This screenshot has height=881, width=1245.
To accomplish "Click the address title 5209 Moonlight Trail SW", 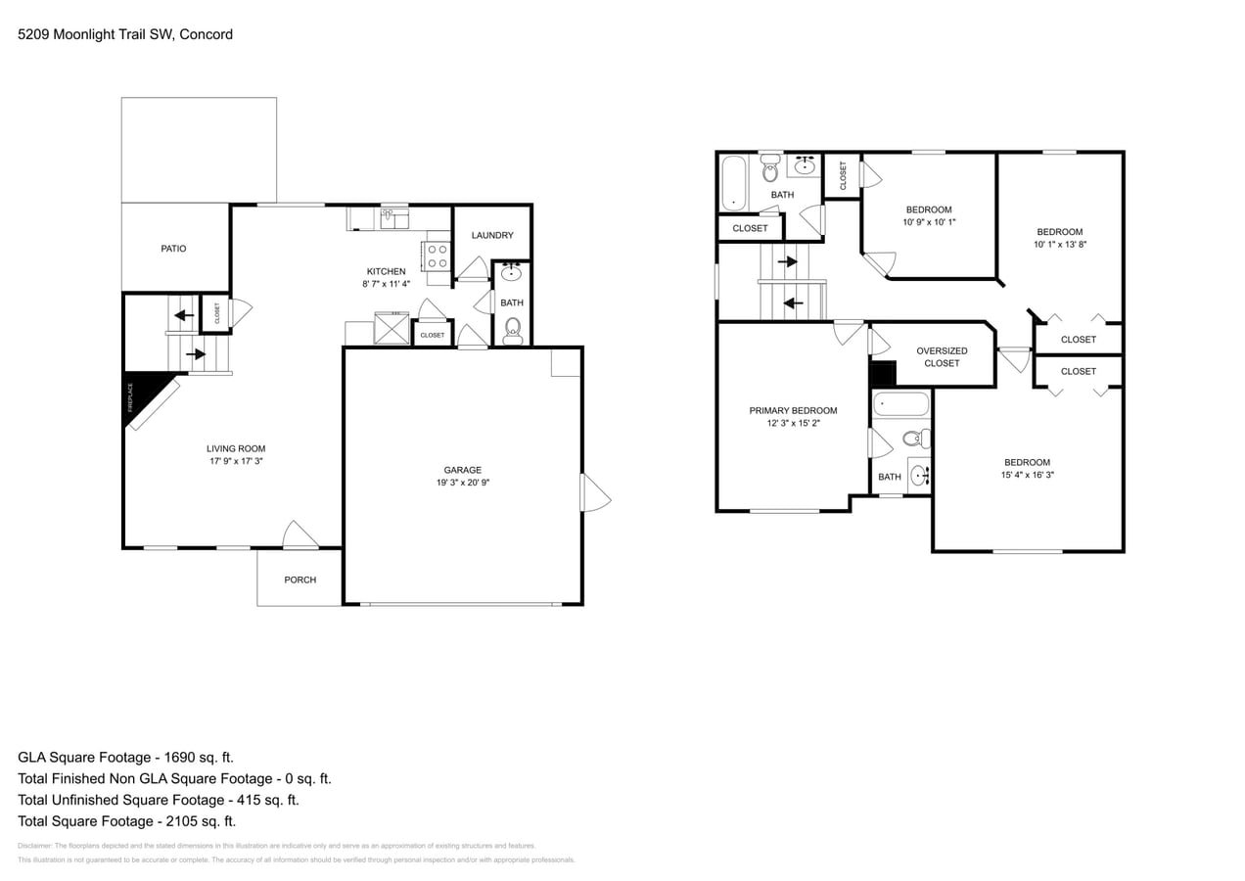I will point(125,34).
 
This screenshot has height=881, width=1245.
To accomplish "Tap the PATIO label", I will point(173,249).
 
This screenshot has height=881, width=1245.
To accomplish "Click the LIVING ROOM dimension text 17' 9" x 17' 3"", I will point(236,461).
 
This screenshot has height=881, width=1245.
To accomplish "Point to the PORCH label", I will point(300,580).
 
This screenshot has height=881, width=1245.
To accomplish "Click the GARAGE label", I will point(462,470).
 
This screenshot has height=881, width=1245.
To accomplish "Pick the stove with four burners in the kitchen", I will point(436,255).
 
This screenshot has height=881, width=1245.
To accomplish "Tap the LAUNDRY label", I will point(491,235).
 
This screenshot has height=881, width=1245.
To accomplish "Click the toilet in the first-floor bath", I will point(513,329).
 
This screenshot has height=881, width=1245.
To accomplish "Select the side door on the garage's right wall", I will point(593,492).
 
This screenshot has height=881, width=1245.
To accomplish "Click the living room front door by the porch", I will point(300,535).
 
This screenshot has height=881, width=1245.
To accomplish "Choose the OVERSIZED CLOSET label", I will point(942,356).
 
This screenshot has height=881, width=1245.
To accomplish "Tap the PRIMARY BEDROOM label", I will point(793,410).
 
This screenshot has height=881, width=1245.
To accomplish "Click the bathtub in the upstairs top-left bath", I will point(733,183).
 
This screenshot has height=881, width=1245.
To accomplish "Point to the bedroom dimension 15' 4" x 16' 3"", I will point(1027,475).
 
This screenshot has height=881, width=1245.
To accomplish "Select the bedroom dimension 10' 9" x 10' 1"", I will point(928,222).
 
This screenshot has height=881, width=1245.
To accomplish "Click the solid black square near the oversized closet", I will point(883,374).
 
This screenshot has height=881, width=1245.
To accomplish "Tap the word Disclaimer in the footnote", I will point(34,846).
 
